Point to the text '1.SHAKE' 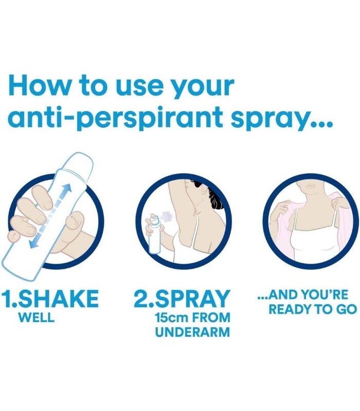point(50,298)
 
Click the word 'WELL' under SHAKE point(37,317)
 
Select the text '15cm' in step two point(171,317)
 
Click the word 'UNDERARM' point(192,332)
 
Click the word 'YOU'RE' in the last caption point(325,294)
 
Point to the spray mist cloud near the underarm point(167,216)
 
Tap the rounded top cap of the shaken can point(81,160)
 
